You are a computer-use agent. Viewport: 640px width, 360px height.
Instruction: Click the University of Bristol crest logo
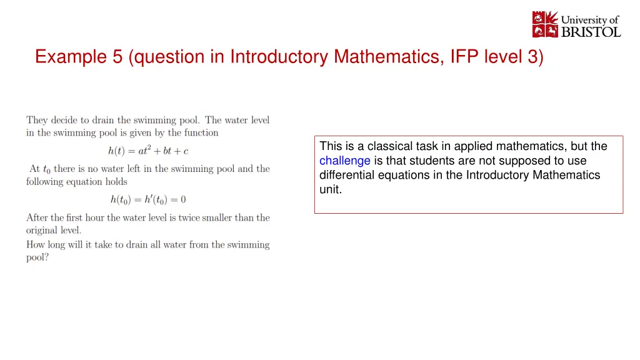545,24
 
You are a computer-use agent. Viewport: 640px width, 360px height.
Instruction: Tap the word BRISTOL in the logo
591,32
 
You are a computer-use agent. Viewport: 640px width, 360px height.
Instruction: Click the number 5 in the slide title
117,57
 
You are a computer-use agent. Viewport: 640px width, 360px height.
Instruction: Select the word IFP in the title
464,57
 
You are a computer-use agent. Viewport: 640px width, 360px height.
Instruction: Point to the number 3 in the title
532,57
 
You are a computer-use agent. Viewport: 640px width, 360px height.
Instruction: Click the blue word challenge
345,161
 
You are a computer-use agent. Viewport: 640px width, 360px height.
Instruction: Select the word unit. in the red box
331,189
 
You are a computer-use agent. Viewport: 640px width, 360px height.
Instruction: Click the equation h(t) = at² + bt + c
148,151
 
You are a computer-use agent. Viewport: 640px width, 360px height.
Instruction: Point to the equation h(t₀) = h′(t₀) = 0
148,199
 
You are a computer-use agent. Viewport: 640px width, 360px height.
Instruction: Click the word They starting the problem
37,121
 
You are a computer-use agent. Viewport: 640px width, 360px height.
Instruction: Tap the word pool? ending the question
37,257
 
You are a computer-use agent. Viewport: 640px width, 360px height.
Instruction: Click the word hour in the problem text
95,217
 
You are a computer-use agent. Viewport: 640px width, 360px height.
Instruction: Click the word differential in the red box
347,175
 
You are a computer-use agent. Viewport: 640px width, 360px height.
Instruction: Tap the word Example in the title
71,57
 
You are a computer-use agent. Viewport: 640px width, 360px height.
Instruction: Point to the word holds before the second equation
116,182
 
